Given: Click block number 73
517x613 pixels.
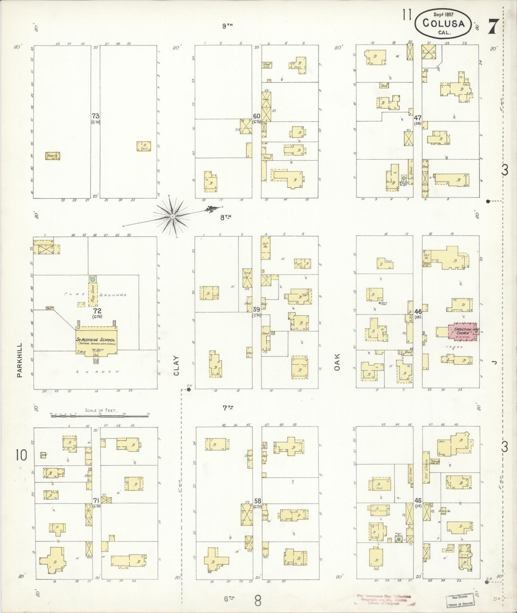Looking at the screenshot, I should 95,116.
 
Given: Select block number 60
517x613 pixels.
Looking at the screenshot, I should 257,116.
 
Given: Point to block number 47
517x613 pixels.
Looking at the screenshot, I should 418,118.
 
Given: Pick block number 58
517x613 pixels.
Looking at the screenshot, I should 257,501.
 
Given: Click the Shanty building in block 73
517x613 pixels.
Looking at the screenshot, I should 52,156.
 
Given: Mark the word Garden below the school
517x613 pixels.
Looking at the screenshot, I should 96,372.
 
